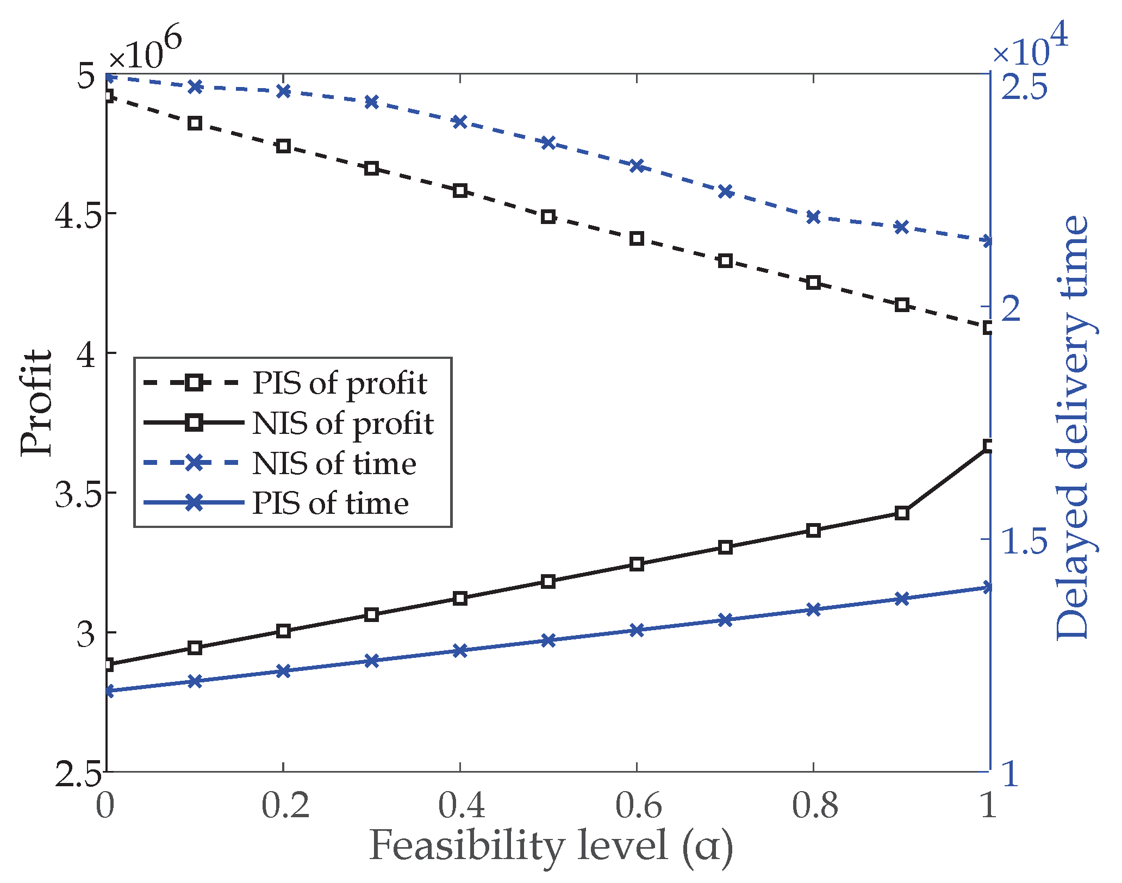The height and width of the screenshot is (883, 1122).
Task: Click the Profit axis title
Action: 36,402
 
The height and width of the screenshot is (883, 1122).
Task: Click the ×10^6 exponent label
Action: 144,51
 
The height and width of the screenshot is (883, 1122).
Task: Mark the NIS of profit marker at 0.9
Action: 902,513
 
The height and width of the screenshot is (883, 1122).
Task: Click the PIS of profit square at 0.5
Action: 548,217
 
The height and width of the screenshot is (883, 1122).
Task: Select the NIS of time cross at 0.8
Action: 813,217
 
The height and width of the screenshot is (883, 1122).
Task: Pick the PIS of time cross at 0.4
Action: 460,651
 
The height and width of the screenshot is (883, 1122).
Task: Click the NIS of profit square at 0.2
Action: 283,631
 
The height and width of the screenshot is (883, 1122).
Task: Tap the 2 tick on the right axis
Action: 1015,309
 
